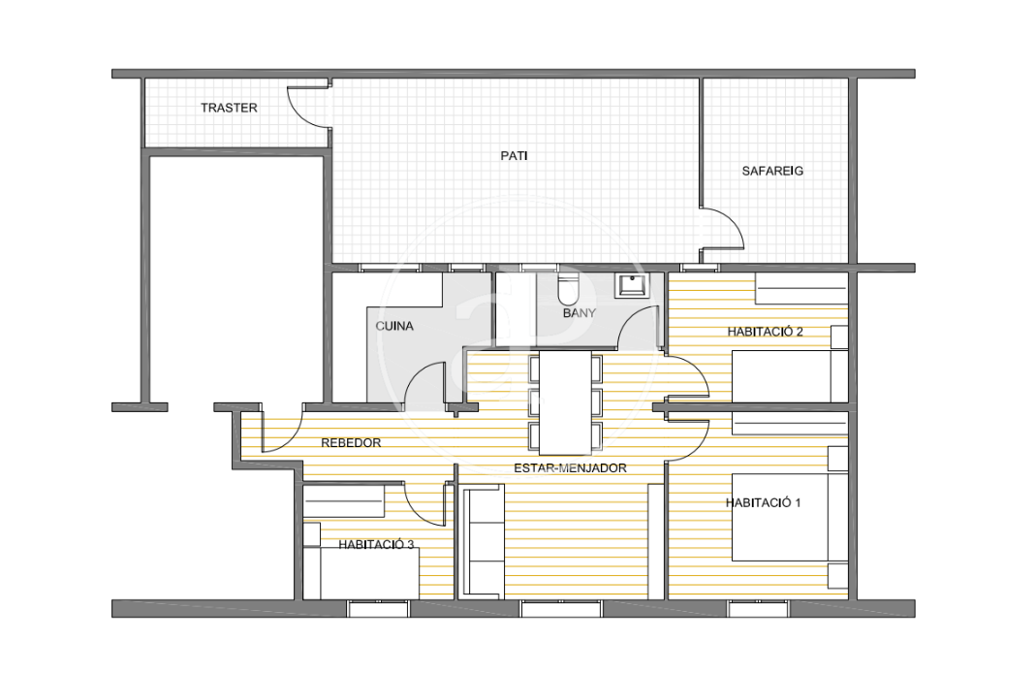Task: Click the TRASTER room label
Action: coord(229,108)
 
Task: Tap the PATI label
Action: coord(514,156)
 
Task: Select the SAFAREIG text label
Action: coord(772,171)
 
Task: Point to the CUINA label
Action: coord(394,326)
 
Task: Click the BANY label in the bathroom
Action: coord(580,313)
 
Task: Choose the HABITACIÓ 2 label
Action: coord(765,332)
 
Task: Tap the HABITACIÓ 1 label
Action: coord(763,502)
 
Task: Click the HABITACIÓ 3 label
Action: coord(376,544)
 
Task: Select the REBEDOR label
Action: coord(351,443)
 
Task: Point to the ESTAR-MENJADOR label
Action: coord(570,468)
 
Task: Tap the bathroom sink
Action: coord(632,286)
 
